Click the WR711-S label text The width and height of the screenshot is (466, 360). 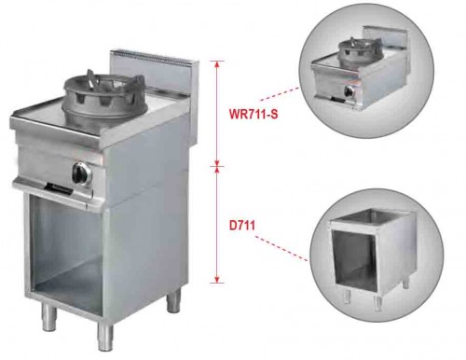[254, 114]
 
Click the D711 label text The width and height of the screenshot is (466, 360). [242, 226]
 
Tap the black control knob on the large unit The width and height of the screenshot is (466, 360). [79, 173]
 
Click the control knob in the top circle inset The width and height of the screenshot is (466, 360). [350, 90]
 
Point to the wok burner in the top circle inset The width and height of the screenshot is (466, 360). [360, 52]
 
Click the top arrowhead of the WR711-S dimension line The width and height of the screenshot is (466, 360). [218, 63]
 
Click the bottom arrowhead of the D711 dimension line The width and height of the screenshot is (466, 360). [218, 279]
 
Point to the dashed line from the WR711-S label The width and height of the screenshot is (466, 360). [279, 94]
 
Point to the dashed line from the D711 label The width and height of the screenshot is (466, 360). [281, 248]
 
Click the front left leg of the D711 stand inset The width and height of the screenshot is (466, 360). [347, 298]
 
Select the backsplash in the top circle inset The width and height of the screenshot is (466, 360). [386, 38]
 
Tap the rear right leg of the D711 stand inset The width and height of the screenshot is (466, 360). [405, 283]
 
